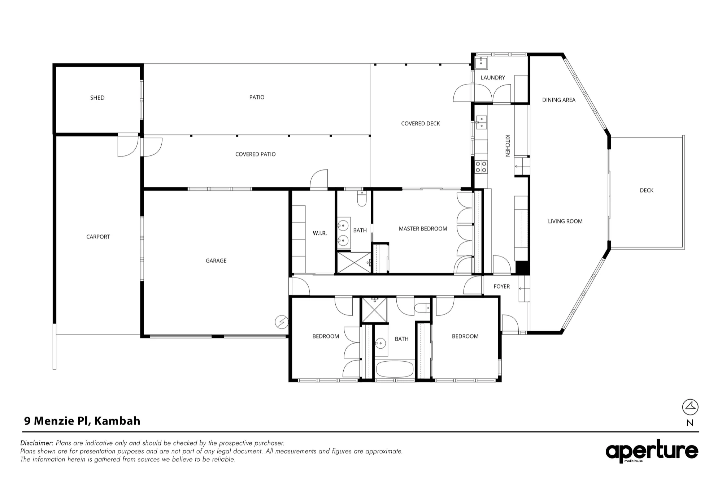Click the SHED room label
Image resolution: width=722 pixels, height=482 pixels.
coord(97,98)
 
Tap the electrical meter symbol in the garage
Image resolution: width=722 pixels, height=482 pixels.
coord(282,322)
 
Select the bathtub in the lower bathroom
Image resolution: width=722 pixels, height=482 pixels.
coord(395,369)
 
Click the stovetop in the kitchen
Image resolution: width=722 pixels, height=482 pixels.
coord(481,167)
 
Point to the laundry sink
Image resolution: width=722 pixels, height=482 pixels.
coord(481,63)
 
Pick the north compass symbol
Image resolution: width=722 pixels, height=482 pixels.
coord(690,407)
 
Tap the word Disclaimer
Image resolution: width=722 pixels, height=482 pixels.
coord(37,443)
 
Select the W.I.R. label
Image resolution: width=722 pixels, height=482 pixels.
coord(320,233)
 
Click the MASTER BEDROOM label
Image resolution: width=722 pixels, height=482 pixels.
coord(423,229)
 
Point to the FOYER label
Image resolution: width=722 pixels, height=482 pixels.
coord(502,287)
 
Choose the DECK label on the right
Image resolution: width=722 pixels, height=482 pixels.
coord(647,190)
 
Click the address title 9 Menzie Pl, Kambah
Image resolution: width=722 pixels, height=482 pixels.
coord(82,421)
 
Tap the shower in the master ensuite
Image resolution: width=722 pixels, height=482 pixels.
coord(354,263)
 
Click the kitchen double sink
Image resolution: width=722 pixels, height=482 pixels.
coord(481,122)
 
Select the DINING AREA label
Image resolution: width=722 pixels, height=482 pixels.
coord(559,100)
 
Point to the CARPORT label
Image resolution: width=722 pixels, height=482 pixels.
coord(98,237)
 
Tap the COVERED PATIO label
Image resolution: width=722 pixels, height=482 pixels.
coord(255,154)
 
